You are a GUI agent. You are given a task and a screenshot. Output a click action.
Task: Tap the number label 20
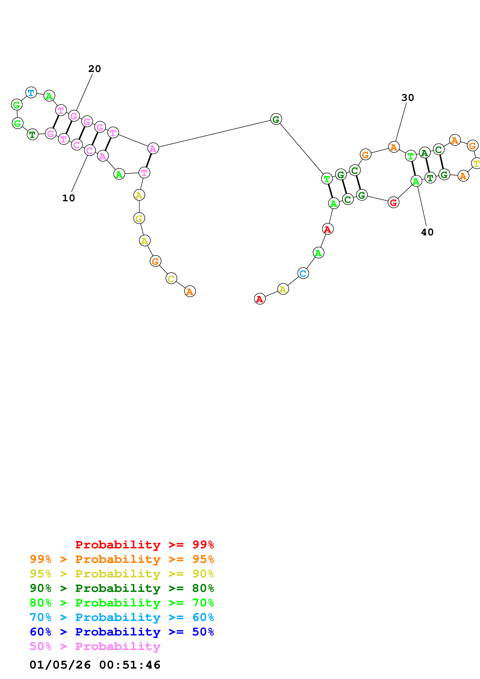(95, 69)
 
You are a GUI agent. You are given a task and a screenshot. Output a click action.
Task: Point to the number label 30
(408, 98)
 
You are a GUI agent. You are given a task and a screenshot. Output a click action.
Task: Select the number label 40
(427, 232)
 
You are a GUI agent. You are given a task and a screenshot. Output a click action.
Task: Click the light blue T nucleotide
(31, 93)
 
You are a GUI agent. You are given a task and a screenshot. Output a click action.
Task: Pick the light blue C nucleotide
(303, 273)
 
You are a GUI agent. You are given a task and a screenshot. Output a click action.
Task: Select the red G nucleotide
(393, 203)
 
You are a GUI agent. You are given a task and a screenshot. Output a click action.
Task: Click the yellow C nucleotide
(171, 278)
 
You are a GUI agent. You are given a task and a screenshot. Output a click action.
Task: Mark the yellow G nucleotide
(139, 219)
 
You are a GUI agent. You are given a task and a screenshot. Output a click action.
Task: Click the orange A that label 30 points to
(394, 147)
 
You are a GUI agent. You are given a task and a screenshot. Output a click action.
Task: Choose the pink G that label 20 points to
(74, 116)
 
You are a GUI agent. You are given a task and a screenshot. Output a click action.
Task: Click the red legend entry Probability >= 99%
(144, 545)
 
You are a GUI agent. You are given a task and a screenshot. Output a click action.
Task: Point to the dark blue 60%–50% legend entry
(122, 632)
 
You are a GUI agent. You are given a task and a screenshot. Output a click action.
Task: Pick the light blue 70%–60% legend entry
(122, 617)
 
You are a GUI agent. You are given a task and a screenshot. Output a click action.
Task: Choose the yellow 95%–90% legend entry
(122, 574)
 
